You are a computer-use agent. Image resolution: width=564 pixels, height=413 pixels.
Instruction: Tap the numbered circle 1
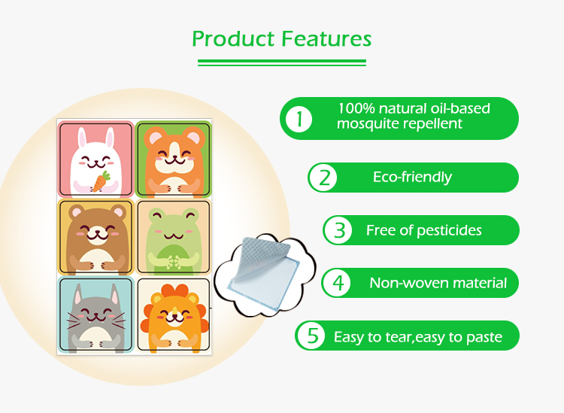(x=299, y=118)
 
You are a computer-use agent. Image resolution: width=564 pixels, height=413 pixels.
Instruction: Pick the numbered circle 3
(x=339, y=230)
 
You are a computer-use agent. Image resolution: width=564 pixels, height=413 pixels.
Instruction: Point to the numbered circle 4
(x=338, y=283)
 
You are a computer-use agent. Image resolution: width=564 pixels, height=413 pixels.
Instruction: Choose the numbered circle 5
(x=311, y=336)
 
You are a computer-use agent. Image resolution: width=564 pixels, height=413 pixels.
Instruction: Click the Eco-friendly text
(x=412, y=178)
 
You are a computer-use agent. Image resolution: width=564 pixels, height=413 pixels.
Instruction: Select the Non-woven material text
(x=438, y=284)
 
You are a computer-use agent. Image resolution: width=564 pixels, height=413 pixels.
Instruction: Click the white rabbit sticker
(x=96, y=158)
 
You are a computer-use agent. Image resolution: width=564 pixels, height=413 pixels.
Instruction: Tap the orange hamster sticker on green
(x=173, y=158)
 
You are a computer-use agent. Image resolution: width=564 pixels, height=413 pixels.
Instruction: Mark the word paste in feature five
(x=485, y=336)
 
